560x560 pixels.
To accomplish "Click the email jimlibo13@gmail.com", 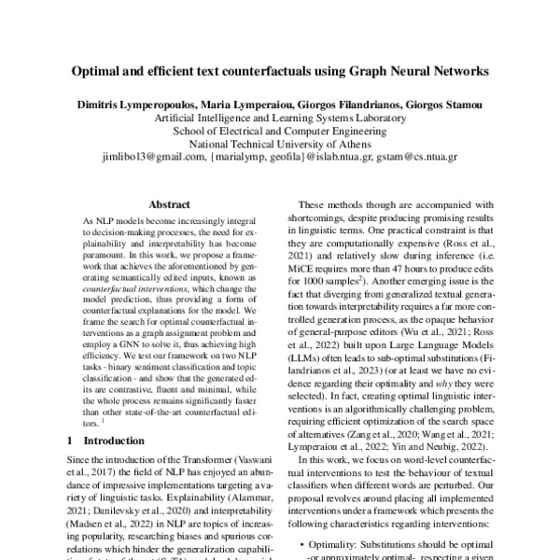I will pos(156,158).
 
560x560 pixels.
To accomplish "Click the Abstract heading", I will pos(169,204).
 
